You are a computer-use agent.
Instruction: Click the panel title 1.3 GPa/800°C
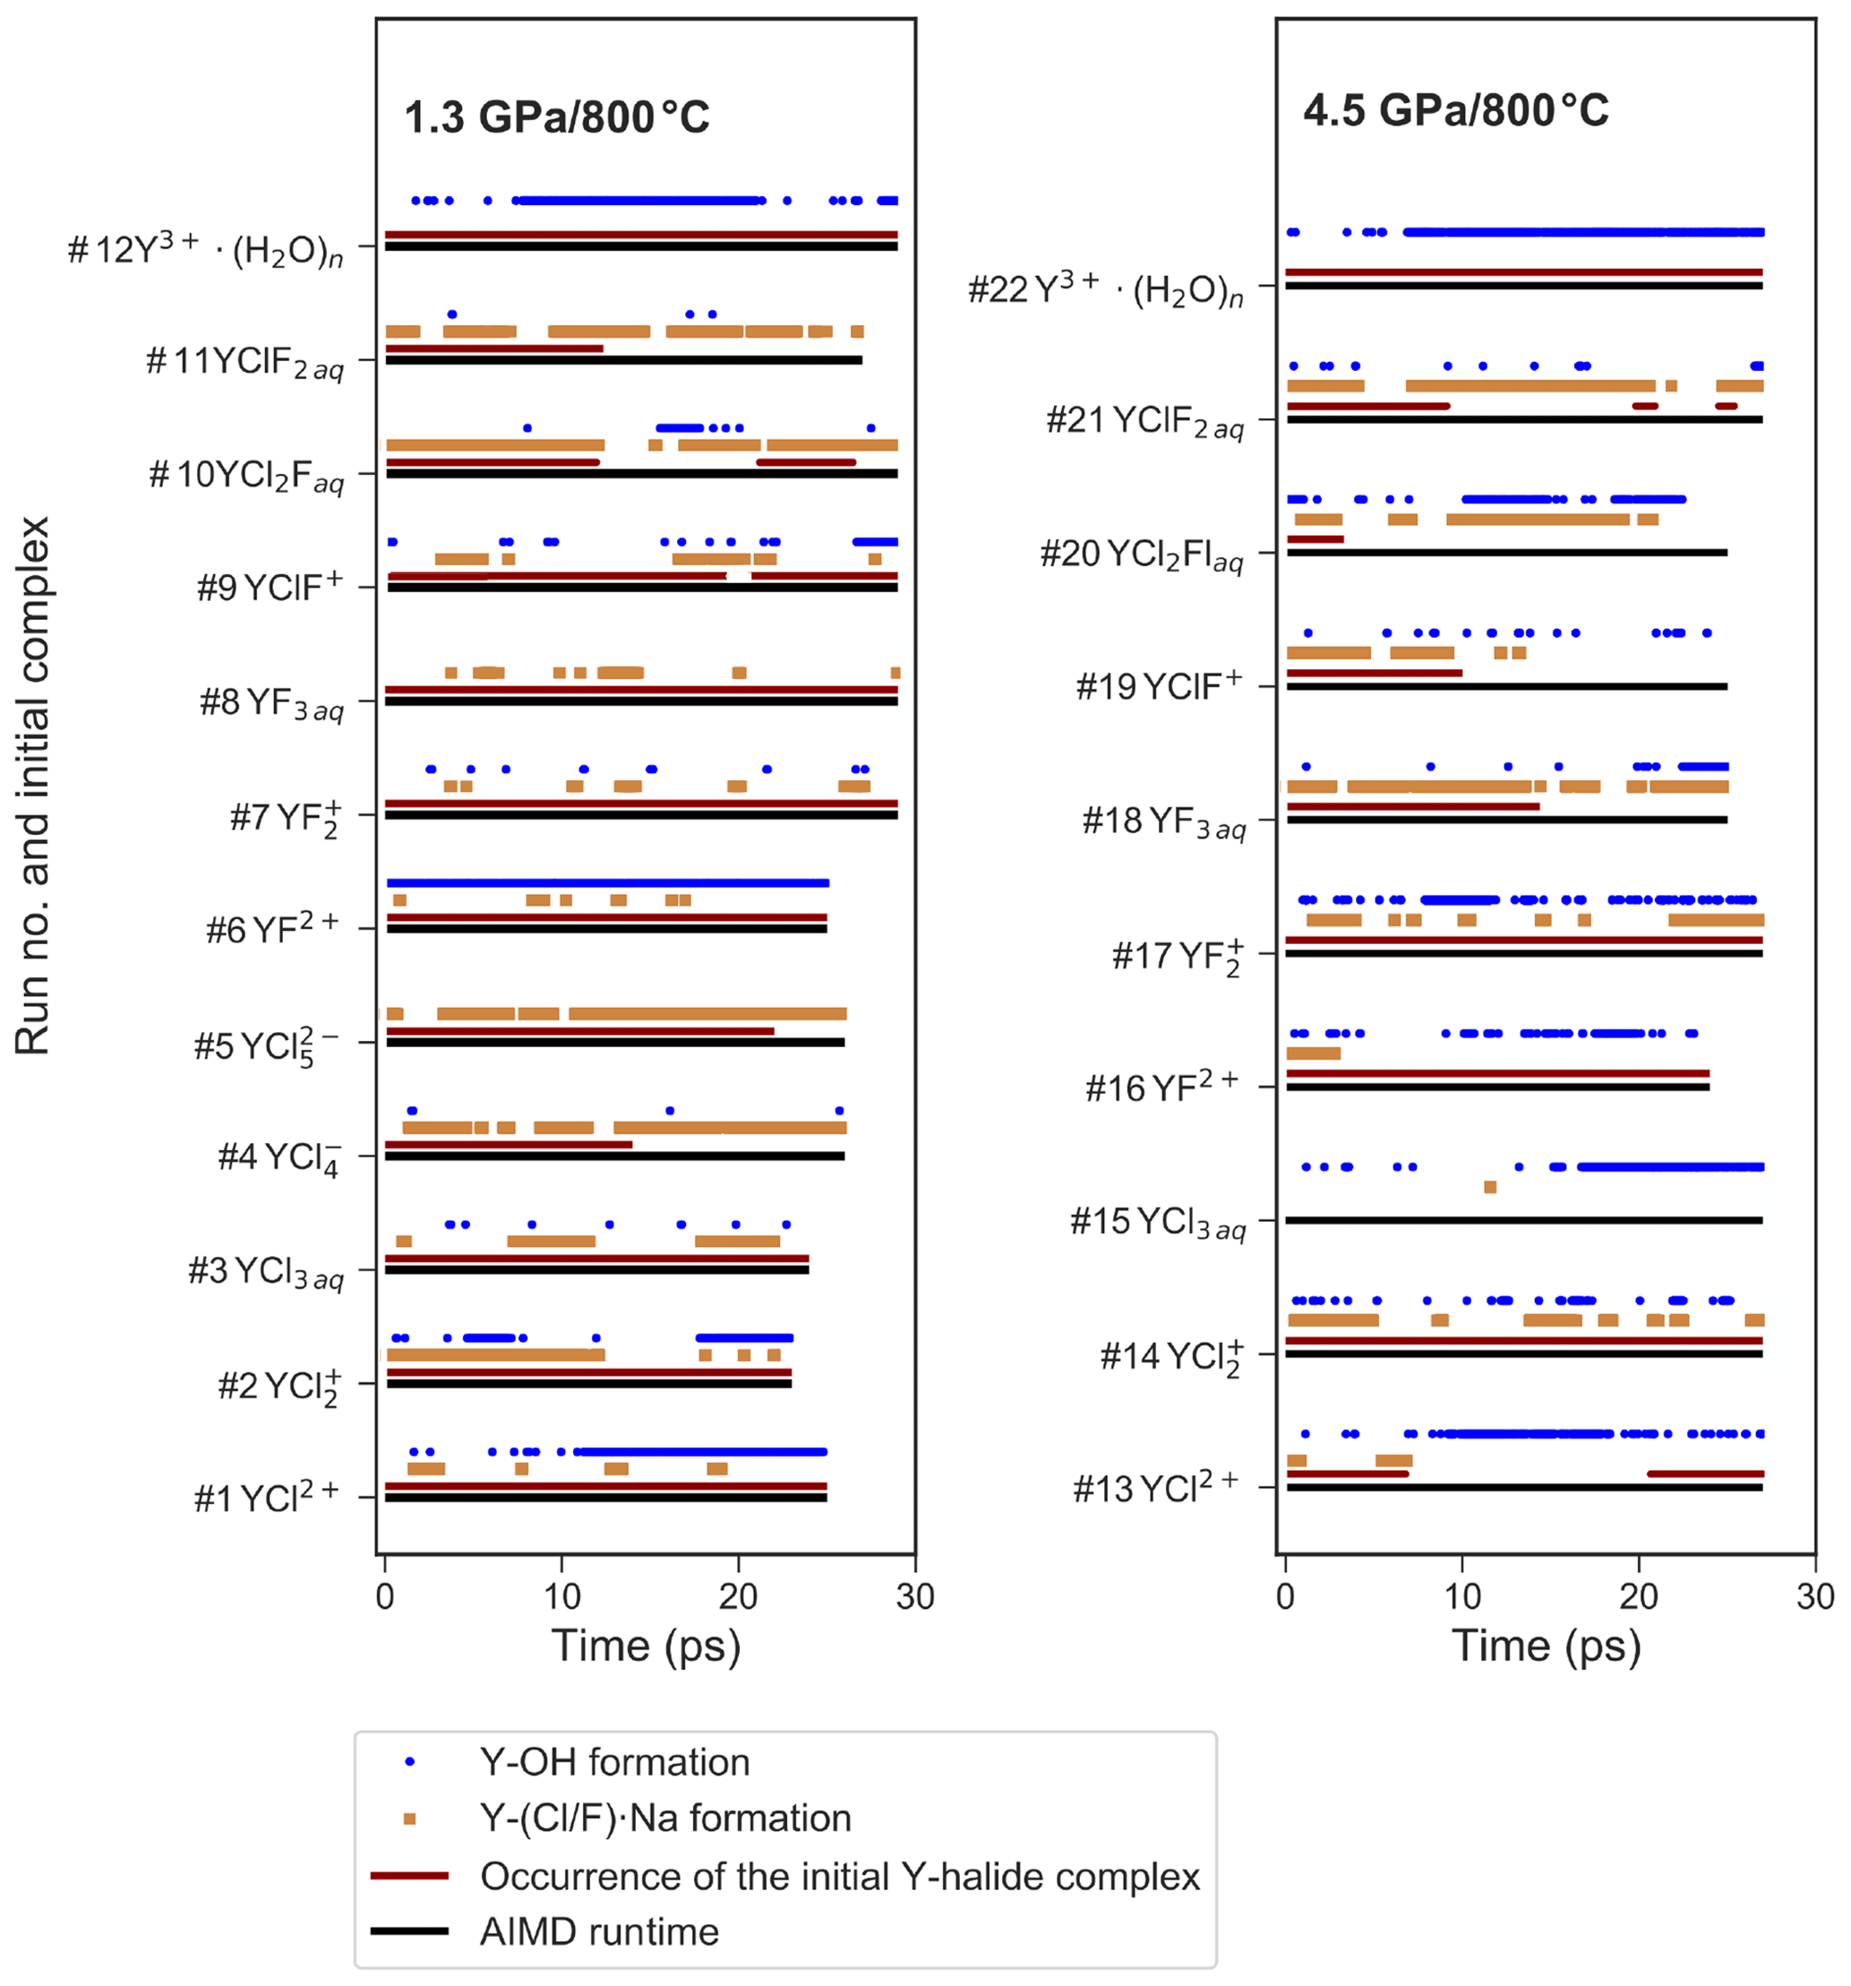tap(556, 118)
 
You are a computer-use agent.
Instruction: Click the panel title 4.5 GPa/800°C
tap(1455, 111)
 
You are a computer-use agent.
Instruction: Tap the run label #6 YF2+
tap(271, 929)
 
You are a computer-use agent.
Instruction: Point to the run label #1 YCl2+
tap(266, 1498)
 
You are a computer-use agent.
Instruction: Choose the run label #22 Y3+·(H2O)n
tap(1106, 288)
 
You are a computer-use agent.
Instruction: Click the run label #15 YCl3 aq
tap(1158, 1222)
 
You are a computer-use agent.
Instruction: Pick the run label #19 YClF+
tap(1159, 686)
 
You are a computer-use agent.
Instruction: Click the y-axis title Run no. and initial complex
tap(32, 786)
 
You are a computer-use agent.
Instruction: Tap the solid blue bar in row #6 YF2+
tap(607, 883)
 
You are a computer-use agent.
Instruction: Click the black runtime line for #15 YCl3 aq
tap(1523, 1221)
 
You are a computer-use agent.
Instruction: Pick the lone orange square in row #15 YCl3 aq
tap(1490, 1187)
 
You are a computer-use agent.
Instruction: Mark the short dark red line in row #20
tap(1315, 539)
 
